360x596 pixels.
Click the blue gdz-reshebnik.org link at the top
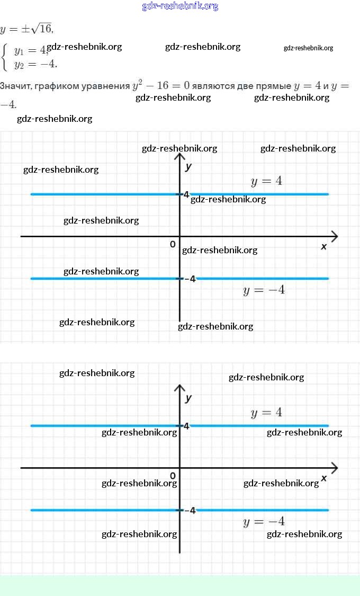pos(180,6)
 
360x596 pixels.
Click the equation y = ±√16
pos(27,28)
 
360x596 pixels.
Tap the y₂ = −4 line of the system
pos(35,65)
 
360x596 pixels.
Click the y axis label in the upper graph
pos(188,166)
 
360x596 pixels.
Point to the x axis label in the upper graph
pos(323,246)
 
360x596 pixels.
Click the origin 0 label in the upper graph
pos(173,244)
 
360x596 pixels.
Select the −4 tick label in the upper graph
pos(190,279)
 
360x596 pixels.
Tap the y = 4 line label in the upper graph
pos(266,181)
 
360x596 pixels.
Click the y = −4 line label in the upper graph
pos(264,290)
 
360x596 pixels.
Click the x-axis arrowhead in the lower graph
pos(334,468)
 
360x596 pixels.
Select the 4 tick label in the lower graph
pos(186,425)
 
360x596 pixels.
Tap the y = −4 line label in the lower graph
pos(264,522)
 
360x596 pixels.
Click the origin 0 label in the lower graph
pos(173,476)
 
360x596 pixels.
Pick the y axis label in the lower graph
pos(188,398)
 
